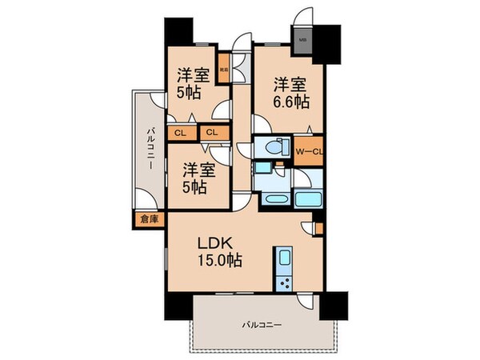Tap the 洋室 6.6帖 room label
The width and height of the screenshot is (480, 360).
(x=290, y=92)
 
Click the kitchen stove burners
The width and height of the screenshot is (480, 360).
(x=285, y=283)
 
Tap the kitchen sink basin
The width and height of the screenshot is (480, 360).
(x=285, y=259)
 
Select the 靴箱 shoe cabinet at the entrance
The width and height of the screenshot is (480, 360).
(x=226, y=67)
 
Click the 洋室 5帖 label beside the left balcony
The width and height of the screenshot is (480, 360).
(x=197, y=178)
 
